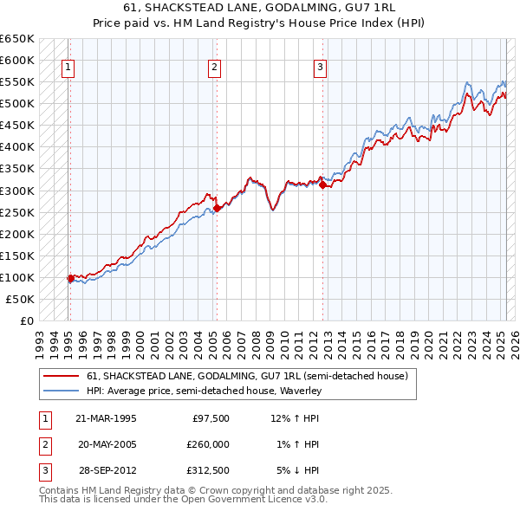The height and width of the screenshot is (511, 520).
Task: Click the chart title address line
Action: [x=259, y=9]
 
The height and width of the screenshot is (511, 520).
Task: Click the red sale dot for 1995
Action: [x=71, y=278]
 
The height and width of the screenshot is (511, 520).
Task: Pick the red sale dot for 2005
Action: [x=217, y=208]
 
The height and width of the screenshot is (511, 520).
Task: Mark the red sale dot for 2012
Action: [x=322, y=184]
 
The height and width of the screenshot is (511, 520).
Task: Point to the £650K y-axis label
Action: [x=17, y=39]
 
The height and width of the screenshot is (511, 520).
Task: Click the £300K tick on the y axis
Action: [x=17, y=191]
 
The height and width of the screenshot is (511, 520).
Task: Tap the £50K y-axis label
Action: [x=21, y=299]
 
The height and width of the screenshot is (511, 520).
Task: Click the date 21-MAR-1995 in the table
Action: [x=107, y=418]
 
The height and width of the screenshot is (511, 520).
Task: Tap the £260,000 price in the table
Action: [x=208, y=444]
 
